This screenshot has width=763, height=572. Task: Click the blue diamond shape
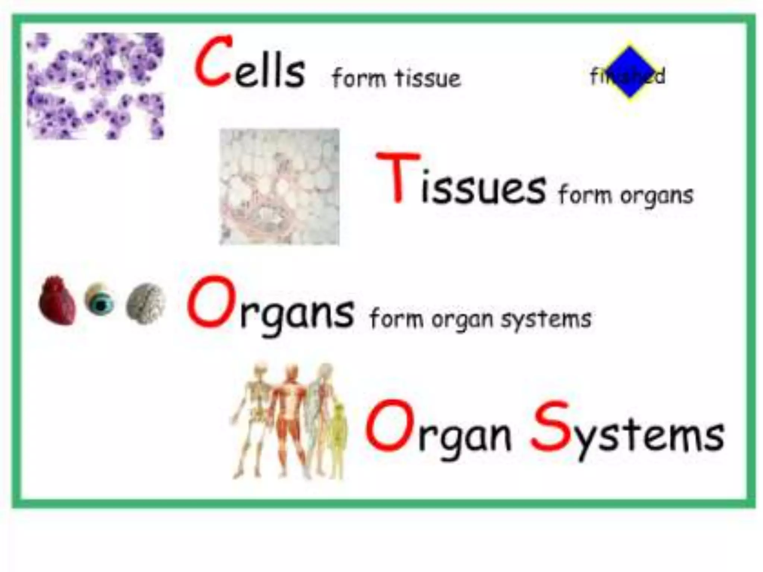pos(629,72)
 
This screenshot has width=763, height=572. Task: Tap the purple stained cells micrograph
pos(95,86)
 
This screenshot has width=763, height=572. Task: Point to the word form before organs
pos(585,195)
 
